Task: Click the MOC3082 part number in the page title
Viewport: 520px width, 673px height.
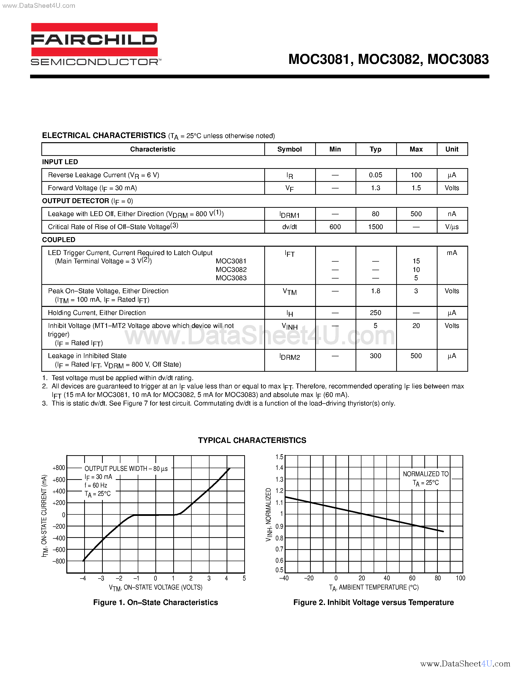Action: (x=389, y=59)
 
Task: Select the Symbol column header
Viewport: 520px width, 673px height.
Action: (x=289, y=149)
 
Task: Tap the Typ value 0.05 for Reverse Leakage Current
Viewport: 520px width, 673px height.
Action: (x=376, y=175)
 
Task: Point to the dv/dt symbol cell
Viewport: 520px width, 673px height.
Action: (x=289, y=227)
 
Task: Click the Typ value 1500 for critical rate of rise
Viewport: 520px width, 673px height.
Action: (x=376, y=227)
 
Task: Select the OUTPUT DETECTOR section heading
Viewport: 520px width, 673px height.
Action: (x=75, y=201)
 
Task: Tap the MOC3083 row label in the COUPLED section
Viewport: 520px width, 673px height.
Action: (x=231, y=278)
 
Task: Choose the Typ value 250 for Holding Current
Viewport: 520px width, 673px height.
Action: (x=376, y=313)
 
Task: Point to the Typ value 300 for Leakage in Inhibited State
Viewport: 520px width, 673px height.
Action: (x=376, y=356)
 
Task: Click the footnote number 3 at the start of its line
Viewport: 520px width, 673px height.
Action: (x=44, y=403)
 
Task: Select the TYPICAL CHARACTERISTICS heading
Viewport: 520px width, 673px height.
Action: (x=252, y=440)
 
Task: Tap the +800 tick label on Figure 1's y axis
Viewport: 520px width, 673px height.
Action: (x=58, y=468)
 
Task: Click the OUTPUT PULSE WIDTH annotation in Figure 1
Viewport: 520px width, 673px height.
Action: (x=126, y=468)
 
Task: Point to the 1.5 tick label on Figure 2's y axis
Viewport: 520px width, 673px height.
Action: (x=279, y=457)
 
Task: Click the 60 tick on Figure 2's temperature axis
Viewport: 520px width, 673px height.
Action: (x=412, y=578)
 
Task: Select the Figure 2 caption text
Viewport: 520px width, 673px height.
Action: (x=373, y=603)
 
